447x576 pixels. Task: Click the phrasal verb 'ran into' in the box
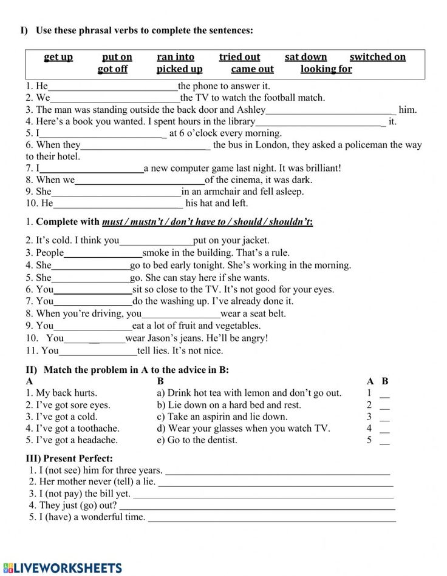[176, 57]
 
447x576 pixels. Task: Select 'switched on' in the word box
[377, 57]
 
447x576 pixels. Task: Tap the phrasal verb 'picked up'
[179, 69]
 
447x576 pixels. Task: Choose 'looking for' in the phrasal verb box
[326, 69]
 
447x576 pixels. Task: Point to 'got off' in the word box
[112, 69]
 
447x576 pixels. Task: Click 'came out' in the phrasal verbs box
[252, 69]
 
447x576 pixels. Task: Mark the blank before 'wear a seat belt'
[181, 315]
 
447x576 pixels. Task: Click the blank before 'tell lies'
[98, 351]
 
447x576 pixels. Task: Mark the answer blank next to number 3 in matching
[384, 418]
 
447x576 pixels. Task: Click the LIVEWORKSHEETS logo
[62, 568]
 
